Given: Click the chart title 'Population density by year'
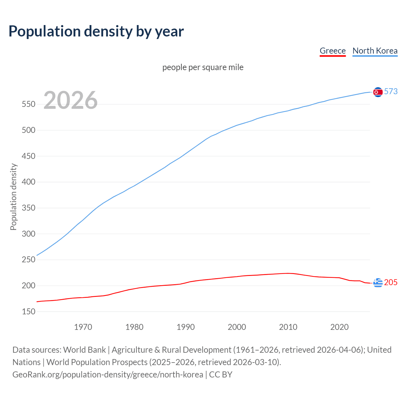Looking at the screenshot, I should [96, 31].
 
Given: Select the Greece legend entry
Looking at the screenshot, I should [332, 51].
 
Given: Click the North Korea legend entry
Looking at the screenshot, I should [375, 51].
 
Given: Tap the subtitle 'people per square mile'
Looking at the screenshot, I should [203, 67].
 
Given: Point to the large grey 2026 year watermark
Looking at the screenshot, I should [70, 100].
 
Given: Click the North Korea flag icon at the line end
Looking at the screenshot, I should [378, 92].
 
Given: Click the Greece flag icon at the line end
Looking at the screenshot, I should [378, 282].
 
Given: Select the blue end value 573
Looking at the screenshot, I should [391, 92].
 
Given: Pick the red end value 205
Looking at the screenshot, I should [391, 282].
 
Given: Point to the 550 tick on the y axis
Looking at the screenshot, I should [29, 104].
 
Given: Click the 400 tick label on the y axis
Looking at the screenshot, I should [29, 182].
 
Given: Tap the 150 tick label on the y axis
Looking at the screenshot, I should [29, 312].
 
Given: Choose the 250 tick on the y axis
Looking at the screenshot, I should [29, 260].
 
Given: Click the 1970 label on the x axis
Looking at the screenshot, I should [83, 327].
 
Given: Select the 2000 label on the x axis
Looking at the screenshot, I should [237, 327].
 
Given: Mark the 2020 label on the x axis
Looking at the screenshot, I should [339, 327].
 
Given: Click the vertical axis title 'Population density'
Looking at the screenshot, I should [13, 197].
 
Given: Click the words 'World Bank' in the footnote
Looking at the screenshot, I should [84, 350].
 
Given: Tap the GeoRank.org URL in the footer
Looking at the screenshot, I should [108, 375].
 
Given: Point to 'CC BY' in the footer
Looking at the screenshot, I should [221, 375].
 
